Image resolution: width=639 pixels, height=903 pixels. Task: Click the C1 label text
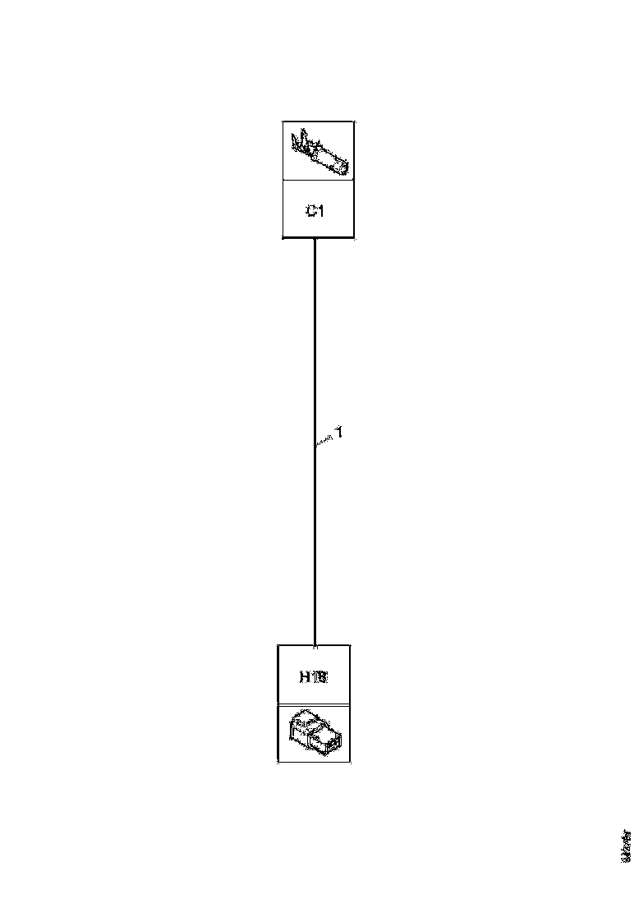pyautogui.click(x=316, y=211)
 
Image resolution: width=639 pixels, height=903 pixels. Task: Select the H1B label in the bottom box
pyautogui.click(x=314, y=677)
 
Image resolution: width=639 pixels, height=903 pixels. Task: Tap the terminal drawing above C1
pyautogui.click(x=319, y=154)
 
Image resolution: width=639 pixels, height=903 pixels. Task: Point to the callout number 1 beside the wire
pyautogui.click(x=337, y=433)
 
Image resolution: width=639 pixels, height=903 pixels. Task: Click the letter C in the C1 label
pyautogui.click(x=311, y=211)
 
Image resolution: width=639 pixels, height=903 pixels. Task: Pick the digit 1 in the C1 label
pyautogui.click(x=322, y=211)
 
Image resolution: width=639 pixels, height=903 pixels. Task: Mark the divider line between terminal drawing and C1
pyautogui.click(x=319, y=181)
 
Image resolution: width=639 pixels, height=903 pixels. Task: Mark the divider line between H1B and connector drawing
pyautogui.click(x=315, y=704)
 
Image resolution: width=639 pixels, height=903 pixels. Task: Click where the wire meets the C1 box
pyautogui.click(x=315, y=239)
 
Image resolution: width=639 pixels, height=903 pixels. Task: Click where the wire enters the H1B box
pyautogui.click(x=315, y=644)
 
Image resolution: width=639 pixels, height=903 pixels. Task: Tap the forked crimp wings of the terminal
pyautogui.click(x=303, y=143)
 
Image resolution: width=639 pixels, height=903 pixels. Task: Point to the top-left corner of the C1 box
pyautogui.click(x=283, y=121)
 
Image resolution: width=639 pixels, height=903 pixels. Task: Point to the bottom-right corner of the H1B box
pyautogui.click(x=351, y=763)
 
